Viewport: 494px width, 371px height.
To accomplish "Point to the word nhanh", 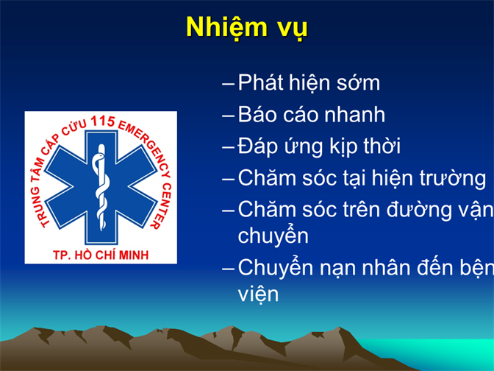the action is [355, 114].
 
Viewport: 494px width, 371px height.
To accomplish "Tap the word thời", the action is [382, 146].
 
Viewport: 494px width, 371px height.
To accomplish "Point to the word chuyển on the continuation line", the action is [273, 236].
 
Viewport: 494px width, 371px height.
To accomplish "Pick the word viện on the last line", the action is [258, 294].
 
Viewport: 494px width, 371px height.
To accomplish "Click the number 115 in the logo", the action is [102, 121].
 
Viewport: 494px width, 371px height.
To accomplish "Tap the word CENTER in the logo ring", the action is [162, 205].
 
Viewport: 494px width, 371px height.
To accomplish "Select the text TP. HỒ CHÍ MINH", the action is [101, 255].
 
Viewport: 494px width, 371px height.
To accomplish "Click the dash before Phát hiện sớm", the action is [228, 84].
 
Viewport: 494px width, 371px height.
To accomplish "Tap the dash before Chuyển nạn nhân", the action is [228, 269].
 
